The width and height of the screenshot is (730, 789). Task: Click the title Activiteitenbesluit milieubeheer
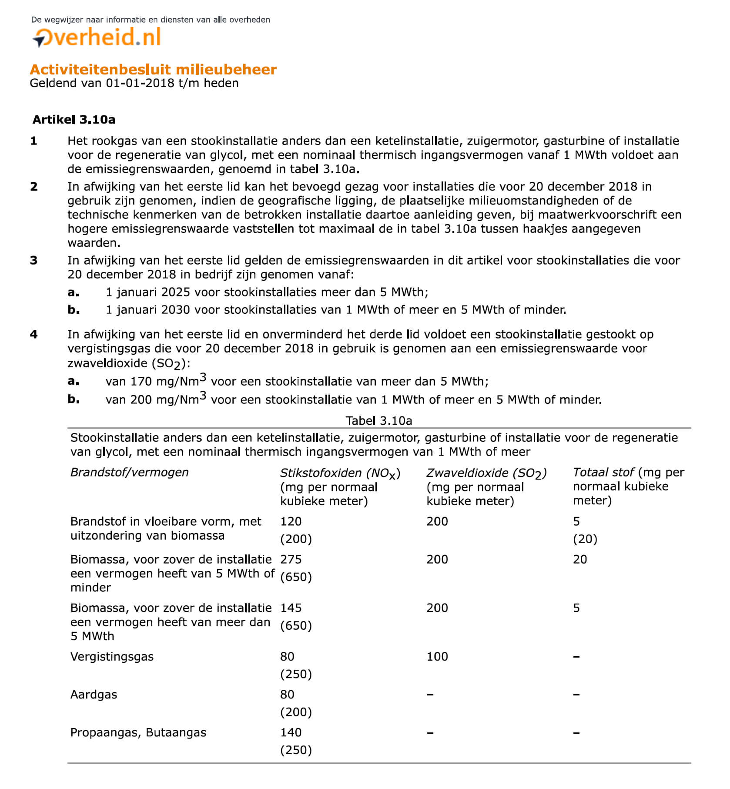click(153, 70)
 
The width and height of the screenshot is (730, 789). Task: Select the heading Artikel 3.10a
click(74, 120)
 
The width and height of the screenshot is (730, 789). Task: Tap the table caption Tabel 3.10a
click(378, 421)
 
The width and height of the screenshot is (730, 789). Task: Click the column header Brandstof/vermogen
click(130, 473)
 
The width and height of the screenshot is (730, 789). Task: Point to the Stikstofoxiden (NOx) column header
click(340, 473)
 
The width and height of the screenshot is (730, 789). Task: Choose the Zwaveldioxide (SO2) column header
click(486, 473)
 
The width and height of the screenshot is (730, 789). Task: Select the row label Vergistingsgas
click(112, 657)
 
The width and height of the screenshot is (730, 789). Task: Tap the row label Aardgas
click(94, 695)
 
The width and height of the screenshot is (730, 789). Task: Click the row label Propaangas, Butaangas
click(138, 732)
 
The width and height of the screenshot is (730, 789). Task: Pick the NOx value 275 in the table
click(291, 560)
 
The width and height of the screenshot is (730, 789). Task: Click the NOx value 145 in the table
click(291, 608)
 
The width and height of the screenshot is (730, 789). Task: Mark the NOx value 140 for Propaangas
click(291, 732)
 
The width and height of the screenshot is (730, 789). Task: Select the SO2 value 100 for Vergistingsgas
click(437, 657)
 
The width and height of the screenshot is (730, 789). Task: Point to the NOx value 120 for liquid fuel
click(291, 522)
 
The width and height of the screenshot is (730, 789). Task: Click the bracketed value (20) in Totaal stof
click(585, 539)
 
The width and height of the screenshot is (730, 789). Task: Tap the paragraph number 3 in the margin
click(34, 261)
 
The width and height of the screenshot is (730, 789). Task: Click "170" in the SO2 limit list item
click(141, 382)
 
